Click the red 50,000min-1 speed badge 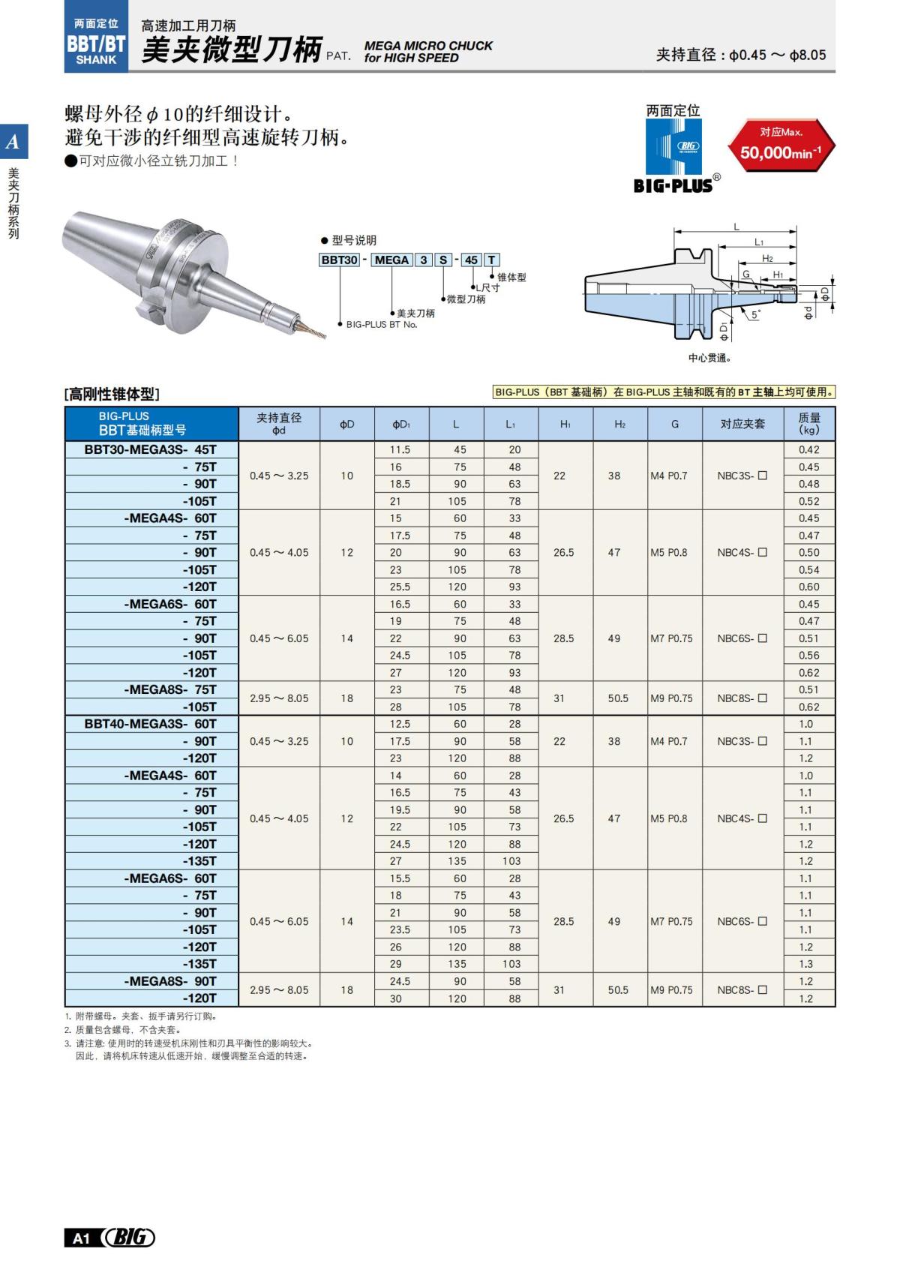pos(781,146)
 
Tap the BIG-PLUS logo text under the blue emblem pos(673,185)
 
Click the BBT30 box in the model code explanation pos(339,260)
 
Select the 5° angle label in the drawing pos(755,315)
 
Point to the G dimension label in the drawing pos(746,275)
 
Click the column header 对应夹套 pos(742,424)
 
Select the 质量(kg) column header pos(809,424)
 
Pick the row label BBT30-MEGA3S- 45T pos(151,449)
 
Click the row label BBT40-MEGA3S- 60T pos(151,724)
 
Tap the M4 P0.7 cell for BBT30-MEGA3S pos(669,476)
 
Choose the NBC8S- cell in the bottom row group pos(742,990)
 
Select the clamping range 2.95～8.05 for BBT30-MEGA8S pos(279,698)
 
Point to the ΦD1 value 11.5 pos(400,449)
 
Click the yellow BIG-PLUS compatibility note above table pos(664,392)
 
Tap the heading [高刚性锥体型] pos(112,394)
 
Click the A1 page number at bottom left pos(81,1238)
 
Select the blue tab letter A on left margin pos(13,141)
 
